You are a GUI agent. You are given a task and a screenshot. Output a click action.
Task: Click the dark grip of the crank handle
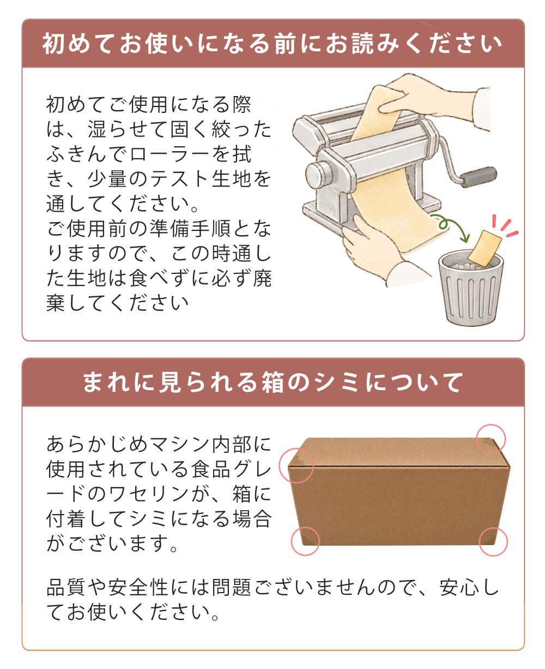click(478, 176)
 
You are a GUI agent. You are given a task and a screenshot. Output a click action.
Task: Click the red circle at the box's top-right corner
click(491, 439)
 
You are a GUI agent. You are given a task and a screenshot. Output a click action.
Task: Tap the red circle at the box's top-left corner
click(296, 465)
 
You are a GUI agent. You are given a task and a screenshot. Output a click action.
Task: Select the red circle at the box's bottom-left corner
click(305, 541)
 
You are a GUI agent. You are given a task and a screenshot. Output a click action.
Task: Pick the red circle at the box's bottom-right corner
click(493, 541)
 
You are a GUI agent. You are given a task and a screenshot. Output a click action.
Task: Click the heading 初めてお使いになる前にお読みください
click(272, 44)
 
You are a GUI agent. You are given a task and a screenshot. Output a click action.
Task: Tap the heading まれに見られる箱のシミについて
click(272, 382)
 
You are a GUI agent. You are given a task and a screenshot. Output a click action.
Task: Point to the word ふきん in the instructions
click(77, 154)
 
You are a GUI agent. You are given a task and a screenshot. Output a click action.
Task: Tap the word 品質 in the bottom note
click(66, 587)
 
